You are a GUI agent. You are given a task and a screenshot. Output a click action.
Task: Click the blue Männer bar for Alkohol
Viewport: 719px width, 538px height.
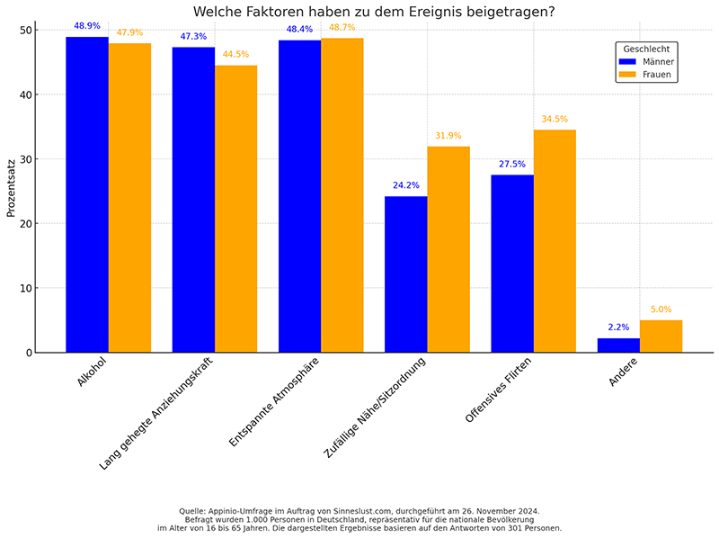(87, 194)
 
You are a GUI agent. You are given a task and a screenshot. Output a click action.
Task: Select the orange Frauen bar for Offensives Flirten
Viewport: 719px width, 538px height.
(555, 241)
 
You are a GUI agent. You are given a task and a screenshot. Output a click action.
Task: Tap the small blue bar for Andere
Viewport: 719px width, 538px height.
(618, 345)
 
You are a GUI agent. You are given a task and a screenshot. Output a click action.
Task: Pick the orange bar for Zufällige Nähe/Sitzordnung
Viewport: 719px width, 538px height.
(448, 249)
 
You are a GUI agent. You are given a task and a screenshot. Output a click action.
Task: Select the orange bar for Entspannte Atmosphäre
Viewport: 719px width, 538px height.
(342, 195)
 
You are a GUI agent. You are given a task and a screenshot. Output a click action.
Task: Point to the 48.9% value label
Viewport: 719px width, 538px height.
(87, 26)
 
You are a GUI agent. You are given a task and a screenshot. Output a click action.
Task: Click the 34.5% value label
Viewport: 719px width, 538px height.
(555, 119)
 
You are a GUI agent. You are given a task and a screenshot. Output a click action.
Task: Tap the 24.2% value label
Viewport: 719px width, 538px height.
(405, 185)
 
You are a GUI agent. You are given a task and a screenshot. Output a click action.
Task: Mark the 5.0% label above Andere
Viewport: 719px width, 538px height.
(661, 309)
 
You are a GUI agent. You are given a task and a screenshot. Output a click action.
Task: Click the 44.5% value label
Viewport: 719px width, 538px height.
(235, 54)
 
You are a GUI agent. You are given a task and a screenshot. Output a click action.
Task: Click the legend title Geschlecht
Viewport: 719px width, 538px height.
(645, 48)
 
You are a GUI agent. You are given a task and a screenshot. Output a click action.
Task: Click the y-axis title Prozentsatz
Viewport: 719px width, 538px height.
(11, 190)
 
